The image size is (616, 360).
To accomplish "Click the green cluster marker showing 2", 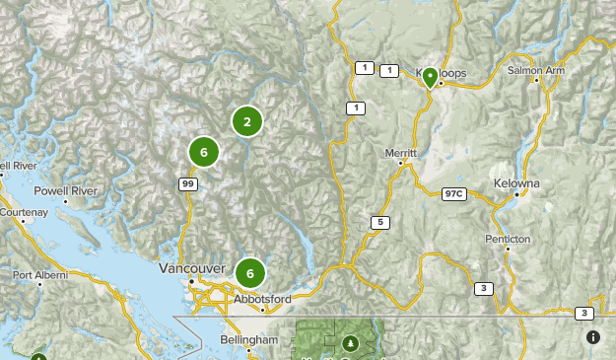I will pos(247,121).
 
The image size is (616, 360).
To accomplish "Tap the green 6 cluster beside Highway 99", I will pos(203,152).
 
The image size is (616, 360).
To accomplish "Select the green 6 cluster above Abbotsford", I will pos(250,273).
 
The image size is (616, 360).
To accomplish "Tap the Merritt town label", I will pos(401,154).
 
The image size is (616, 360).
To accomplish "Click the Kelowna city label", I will pos(517,184).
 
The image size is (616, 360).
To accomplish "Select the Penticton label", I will pos(508,240).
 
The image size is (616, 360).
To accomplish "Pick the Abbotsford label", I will pos(262,300).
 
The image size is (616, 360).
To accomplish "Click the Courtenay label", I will pos(24,212).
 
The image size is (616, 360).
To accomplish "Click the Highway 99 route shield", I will pos(187,183).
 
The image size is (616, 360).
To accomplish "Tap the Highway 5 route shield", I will pos(379,222).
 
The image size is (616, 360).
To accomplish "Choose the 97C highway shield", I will pos(454,193).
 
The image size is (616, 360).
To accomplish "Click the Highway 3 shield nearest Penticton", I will pos(483,288).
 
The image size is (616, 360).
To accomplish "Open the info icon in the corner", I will pos(593,337).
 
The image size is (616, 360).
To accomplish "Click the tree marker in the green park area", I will pos(349,343).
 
